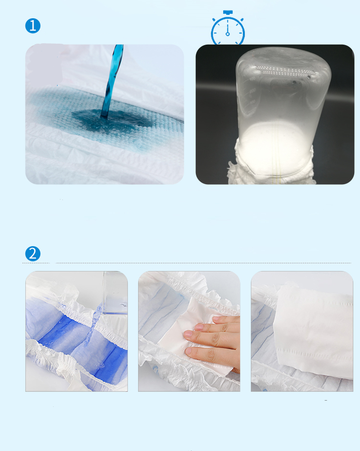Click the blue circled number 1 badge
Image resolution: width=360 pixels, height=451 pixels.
coord(33,26)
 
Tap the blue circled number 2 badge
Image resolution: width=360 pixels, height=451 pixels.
coord(33,253)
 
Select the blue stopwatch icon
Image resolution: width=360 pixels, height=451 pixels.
coord(228,30)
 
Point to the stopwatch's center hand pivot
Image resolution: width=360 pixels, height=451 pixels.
coord(228,34)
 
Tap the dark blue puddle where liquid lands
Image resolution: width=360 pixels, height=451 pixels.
coord(103,118)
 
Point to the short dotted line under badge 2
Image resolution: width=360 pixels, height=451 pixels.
coord(36,263)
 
